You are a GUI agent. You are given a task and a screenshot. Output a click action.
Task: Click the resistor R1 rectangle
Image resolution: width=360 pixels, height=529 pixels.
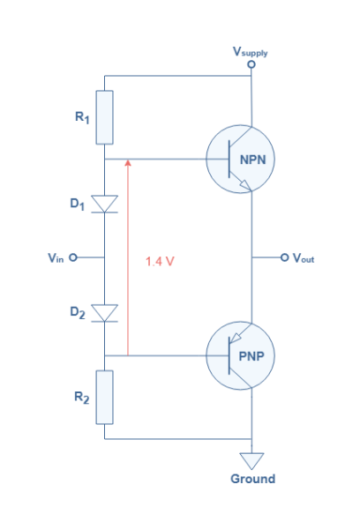[105, 116]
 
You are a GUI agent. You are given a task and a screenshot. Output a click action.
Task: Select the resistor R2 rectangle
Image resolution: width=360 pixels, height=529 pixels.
[105, 397]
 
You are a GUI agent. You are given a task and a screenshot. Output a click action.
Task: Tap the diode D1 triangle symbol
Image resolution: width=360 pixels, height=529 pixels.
[105, 205]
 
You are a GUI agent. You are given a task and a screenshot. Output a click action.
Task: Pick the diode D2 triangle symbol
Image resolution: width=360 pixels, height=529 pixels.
[105, 312]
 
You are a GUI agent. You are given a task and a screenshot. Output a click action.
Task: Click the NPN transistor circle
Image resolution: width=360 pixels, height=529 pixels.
[241, 160]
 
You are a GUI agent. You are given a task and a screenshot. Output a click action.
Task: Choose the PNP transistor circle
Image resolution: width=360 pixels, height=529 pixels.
[241, 355]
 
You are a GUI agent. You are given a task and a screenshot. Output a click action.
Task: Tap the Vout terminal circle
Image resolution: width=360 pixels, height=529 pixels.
[284, 257]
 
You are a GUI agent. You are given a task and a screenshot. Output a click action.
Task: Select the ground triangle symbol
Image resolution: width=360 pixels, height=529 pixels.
[252, 459]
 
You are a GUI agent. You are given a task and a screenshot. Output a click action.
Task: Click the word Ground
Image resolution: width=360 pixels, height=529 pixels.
[252, 479]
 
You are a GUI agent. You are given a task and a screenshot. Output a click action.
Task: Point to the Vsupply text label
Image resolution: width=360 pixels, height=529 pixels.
[251, 52]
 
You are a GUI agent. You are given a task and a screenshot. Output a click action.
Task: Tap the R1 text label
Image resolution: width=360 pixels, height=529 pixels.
[82, 113]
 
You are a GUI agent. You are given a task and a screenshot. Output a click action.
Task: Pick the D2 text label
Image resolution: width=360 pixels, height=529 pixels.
[78, 312]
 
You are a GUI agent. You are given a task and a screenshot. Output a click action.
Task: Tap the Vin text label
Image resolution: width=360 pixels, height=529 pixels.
[56, 258]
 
